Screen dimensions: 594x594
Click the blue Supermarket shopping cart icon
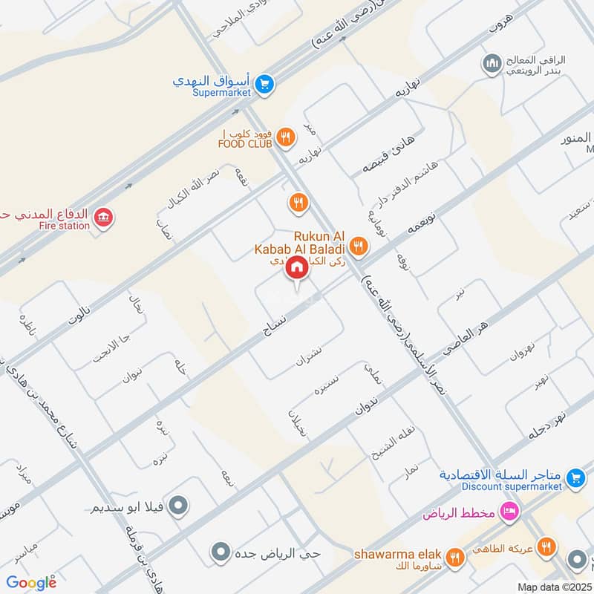[264, 86]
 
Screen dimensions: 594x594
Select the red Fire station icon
[105, 218]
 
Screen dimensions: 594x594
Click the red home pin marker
[297, 268]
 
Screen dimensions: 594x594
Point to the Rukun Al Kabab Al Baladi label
[310, 243]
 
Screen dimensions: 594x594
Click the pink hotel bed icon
[509, 511]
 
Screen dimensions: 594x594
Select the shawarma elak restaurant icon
[456, 555]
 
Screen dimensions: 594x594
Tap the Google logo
[31, 583]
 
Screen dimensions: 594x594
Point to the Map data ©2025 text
[554, 587]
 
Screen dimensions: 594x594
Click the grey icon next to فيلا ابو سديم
[177, 506]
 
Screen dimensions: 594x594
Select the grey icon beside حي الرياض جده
[220, 552]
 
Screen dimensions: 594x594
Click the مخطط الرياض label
[460, 513]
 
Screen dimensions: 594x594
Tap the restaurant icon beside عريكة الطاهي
[547, 548]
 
